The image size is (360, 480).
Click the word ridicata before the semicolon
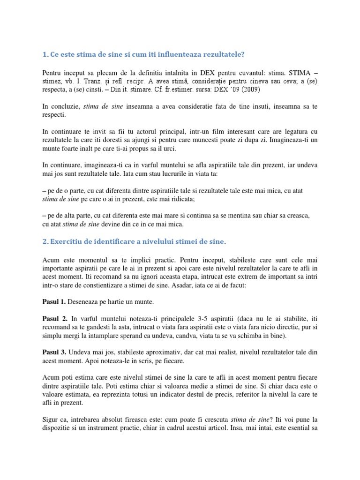point(179,199)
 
